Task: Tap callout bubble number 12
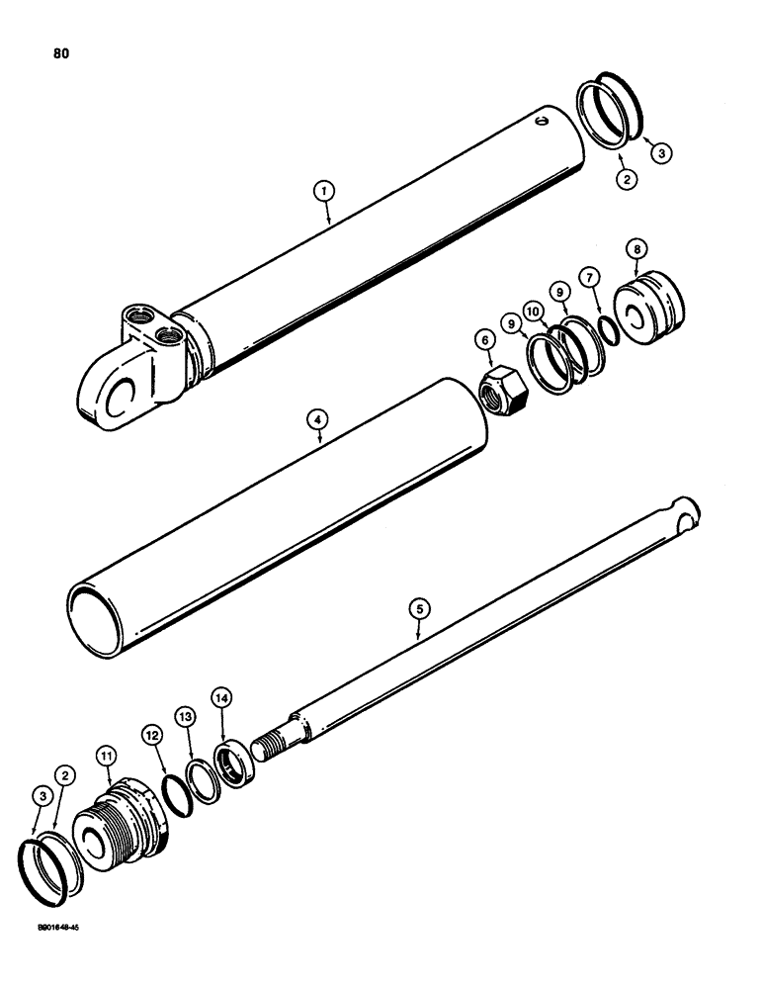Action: click(150, 735)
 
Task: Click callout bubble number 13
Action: click(186, 716)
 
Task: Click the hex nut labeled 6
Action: click(498, 380)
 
